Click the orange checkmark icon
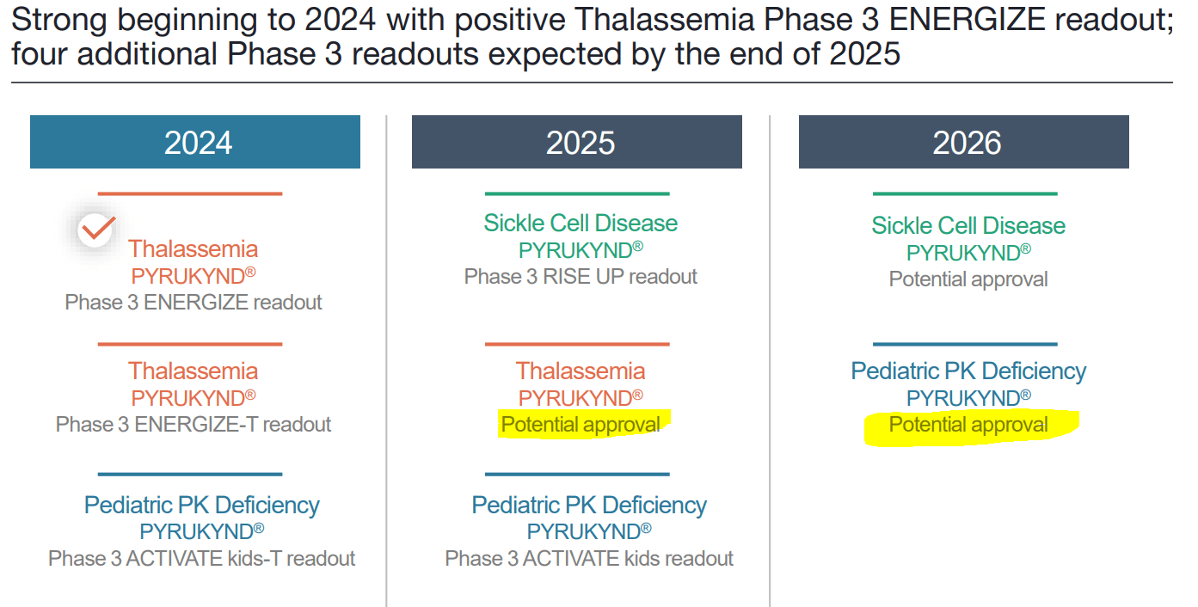[x=96, y=229]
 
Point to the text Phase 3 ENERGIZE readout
[x=194, y=303]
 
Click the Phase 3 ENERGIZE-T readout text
[x=194, y=425]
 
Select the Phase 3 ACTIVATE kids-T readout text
[x=202, y=558]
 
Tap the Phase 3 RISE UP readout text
[x=581, y=277]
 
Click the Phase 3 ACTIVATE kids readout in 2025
[x=589, y=558]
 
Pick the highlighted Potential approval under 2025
[x=581, y=425]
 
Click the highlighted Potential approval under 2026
[x=968, y=425]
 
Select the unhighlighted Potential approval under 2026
[x=968, y=279]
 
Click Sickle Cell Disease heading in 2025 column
[x=581, y=224]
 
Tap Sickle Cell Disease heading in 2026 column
[x=968, y=225]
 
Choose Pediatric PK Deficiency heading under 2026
[x=968, y=371]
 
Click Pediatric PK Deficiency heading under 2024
[x=202, y=505]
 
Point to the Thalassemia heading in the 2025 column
[x=581, y=371]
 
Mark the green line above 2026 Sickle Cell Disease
[x=965, y=194]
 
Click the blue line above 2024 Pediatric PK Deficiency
[x=190, y=474]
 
